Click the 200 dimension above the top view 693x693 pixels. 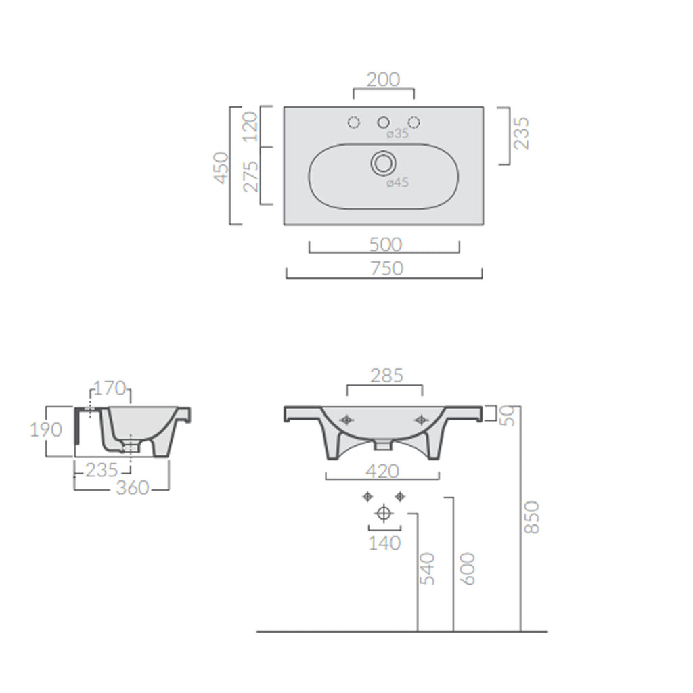pos(383,79)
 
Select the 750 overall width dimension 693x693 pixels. pos(387,269)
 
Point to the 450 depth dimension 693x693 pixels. pos(221,166)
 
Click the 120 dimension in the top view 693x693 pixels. pos(250,126)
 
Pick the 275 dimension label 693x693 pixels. pos(250,176)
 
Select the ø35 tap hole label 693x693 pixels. pos(398,134)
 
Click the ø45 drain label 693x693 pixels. pos(398,182)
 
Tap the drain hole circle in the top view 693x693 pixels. pos(383,163)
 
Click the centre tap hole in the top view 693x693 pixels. pos(384,122)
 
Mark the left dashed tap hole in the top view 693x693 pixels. pos(353,122)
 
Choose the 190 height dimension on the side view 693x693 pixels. pos(47,430)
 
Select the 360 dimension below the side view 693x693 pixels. pos(132,487)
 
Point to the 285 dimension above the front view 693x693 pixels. pos(384,375)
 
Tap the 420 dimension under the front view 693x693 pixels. pos(384,470)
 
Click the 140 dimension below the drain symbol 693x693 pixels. pos(384,543)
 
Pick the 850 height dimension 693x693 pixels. pos(532,517)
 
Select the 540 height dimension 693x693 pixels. pos(428,568)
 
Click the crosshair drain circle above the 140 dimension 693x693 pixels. pos(384,514)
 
